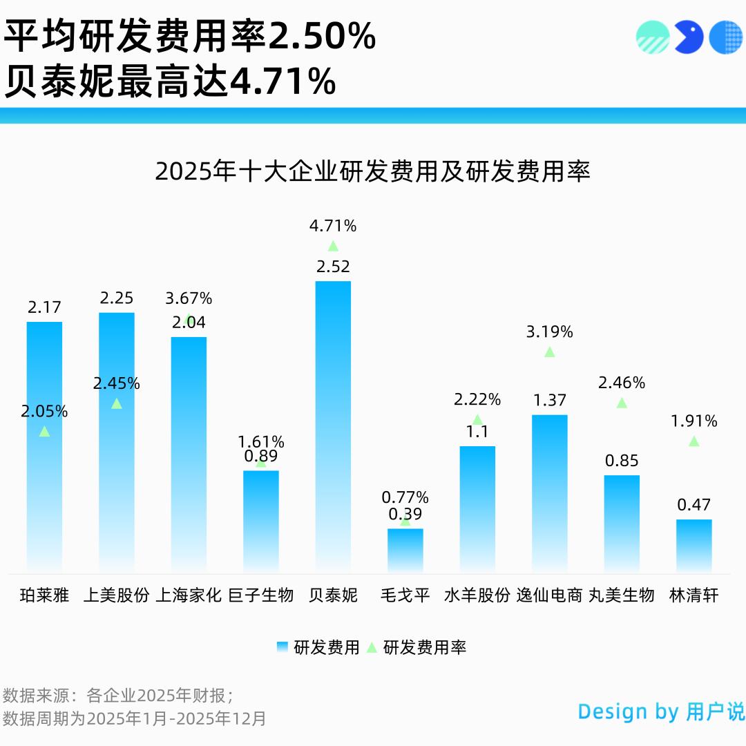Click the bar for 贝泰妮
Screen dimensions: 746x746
click(x=333, y=425)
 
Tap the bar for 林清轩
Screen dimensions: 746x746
click(x=694, y=546)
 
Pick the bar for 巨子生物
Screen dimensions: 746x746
click(x=261, y=521)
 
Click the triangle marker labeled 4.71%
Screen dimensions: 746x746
click(x=333, y=246)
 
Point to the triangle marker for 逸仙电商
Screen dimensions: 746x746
click(x=549, y=352)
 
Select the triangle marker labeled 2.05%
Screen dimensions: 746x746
click(x=44, y=431)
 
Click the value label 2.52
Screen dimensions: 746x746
click(x=333, y=267)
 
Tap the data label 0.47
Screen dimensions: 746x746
click(x=694, y=505)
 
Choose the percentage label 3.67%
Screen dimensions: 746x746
click(x=189, y=298)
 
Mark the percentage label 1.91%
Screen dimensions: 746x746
click(x=694, y=421)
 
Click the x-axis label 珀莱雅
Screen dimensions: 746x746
click(x=44, y=595)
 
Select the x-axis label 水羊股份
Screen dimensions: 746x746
click(x=477, y=595)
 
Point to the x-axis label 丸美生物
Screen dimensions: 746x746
click(x=621, y=595)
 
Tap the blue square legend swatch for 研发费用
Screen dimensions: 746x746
click(x=283, y=647)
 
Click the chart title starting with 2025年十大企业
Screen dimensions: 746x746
click(x=372, y=171)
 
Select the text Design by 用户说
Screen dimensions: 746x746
click(x=661, y=711)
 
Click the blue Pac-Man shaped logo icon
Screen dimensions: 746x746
click(x=688, y=37)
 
